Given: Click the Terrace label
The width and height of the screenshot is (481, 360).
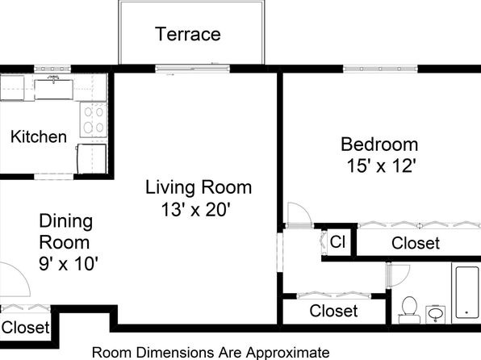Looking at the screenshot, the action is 188,34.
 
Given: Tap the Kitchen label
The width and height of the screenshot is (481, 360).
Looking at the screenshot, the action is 39,136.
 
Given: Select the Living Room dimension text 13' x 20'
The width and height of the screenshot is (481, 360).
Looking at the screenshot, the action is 196,210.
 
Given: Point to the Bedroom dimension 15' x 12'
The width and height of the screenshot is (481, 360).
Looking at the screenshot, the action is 381,166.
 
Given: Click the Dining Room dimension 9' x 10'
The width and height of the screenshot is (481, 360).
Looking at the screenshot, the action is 69,263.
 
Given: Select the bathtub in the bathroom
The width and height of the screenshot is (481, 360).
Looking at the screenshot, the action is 467,292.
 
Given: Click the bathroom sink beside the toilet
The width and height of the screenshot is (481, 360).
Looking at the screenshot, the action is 436,314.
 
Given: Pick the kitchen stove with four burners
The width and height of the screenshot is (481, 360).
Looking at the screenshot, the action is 94,119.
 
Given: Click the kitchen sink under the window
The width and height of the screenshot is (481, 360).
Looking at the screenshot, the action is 54,90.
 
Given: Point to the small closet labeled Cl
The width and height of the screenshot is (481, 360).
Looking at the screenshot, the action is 337,241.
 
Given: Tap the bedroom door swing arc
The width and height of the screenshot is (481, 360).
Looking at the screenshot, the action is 303,210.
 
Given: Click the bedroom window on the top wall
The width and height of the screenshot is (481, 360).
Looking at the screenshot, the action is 380,69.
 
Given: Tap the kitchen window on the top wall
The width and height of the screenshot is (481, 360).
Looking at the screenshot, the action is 52,69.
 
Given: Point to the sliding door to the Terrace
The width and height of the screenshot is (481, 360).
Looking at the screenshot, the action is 193,69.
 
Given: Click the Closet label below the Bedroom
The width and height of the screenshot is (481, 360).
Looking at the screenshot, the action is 416,243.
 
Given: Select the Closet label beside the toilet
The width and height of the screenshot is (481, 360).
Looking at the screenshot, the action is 333,311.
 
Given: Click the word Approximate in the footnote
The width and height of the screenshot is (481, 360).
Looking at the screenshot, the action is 288,352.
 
